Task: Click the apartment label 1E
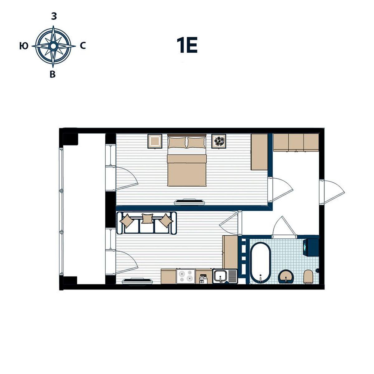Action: pyautogui.click(x=187, y=45)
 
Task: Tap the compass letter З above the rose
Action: pyautogui.click(x=54, y=17)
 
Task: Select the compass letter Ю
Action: pyautogui.click(x=24, y=46)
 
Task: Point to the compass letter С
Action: pyautogui.click(x=83, y=46)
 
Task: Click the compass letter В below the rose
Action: pyautogui.click(x=53, y=74)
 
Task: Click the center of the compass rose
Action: pyautogui.click(x=53, y=46)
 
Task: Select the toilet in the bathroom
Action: pyautogui.click(x=309, y=277)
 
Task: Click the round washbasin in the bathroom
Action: pyautogui.click(x=286, y=276)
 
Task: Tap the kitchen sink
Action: pyautogui.click(x=225, y=276)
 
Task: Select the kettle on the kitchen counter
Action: pyautogui.click(x=203, y=279)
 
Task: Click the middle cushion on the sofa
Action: pyautogui.click(x=147, y=218)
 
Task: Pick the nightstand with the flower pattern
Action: pyautogui.click(x=219, y=141)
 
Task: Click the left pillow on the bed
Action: pyautogui.click(x=177, y=143)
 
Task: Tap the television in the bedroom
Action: pyautogui.click(x=189, y=202)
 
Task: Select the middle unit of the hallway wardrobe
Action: pyautogui.click(x=296, y=142)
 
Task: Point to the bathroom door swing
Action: pyautogui.click(x=284, y=226)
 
